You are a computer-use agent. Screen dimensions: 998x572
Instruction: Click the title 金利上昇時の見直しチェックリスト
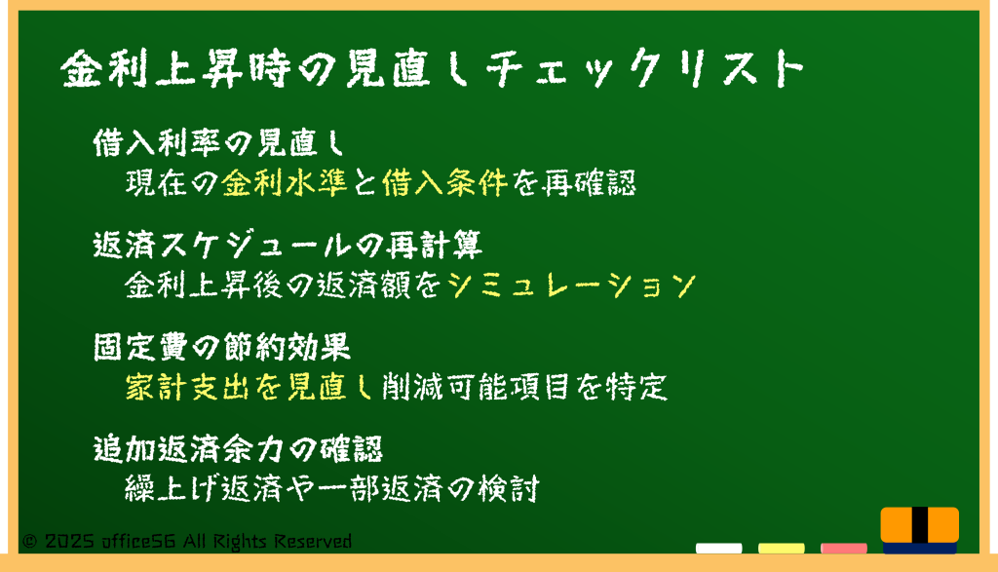(x=433, y=68)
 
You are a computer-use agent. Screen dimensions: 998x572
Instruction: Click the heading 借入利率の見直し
(x=218, y=142)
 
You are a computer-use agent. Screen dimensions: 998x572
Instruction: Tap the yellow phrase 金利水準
(x=285, y=182)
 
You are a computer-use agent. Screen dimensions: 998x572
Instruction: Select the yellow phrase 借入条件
(x=444, y=182)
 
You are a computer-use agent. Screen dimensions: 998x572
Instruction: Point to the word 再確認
(x=589, y=182)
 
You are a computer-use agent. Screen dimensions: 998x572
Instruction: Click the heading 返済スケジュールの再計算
(x=288, y=245)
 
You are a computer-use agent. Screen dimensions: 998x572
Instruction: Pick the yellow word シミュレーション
(x=571, y=286)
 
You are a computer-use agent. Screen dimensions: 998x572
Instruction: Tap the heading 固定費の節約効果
(x=221, y=348)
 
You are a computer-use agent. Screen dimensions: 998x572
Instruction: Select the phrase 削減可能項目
(x=476, y=387)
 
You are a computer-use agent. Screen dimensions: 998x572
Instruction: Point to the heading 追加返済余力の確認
(x=238, y=449)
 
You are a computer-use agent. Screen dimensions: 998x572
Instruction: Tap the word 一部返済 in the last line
(x=379, y=488)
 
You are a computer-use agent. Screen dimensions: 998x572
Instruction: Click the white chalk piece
(x=718, y=548)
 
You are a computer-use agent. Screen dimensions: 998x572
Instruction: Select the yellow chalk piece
(x=781, y=548)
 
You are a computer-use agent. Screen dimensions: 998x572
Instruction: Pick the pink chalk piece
(x=843, y=548)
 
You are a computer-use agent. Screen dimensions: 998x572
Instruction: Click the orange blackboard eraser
(x=920, y=529)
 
